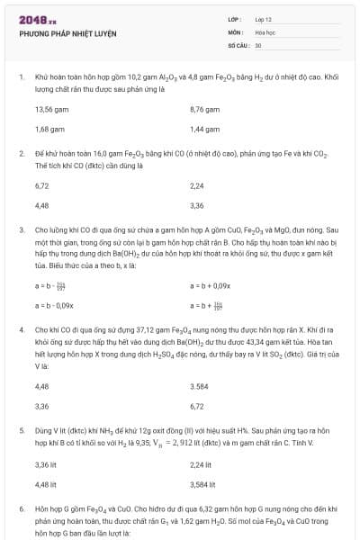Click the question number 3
(x=21, y=229)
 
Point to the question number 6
(x=21, y=508)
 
